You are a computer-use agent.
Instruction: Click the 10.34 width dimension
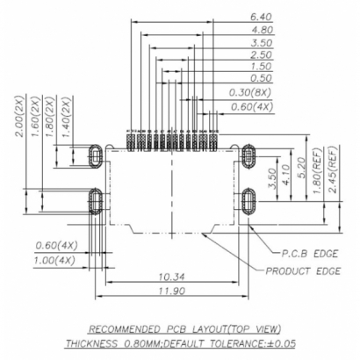(172, 277)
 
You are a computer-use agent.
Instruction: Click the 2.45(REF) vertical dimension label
(332, 172)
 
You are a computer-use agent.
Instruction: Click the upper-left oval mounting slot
(95, 155)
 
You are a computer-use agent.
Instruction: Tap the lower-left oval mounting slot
(95, 201)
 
